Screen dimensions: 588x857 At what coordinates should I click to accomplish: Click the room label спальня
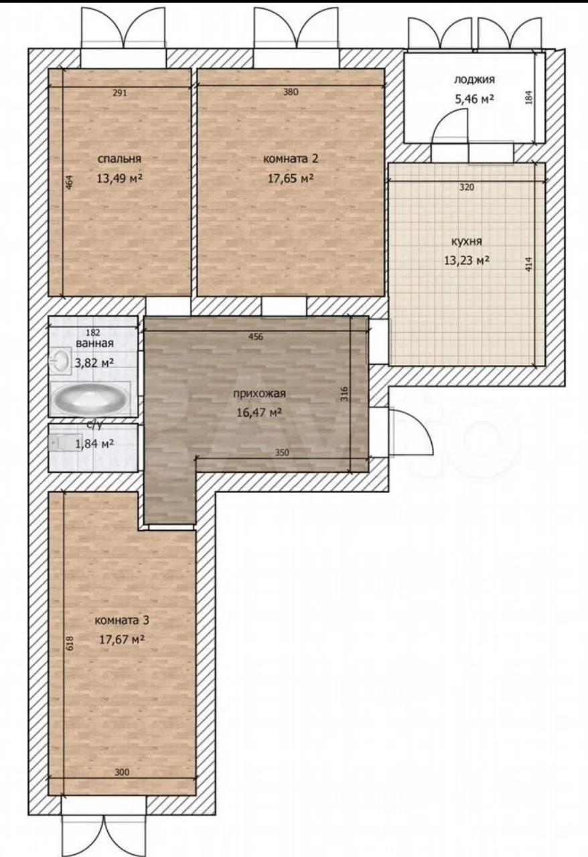[x=119, y=159]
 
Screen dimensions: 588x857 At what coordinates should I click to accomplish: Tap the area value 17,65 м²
[x=291, y=178]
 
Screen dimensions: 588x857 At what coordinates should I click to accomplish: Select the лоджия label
[x=474, y=80]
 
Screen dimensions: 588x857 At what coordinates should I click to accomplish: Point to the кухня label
[x=467, y=242]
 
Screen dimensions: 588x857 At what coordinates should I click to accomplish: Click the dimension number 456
[x=256, y=337]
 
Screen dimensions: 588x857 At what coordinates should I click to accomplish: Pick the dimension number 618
[x=70, y=643]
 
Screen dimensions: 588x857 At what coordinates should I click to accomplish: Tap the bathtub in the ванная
[x=90, y=397]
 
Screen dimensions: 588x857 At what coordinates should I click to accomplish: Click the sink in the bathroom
[x=60, y=360]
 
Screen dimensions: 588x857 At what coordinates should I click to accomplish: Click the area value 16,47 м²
[x=260, y=412]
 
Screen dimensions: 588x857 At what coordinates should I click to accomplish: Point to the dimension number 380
[x=291, y=92]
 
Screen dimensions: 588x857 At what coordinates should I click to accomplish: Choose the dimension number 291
[x=120, y=92]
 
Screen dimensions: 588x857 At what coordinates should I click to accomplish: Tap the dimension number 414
[x=528, y=264]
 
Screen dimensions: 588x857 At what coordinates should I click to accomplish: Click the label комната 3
[x=122, y=620]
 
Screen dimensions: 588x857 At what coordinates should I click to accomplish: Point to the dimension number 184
[x=528, y=97]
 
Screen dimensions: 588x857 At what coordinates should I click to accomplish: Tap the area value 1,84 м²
[x=94, y=444]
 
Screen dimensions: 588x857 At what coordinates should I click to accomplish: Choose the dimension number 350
[x=282, y=453]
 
